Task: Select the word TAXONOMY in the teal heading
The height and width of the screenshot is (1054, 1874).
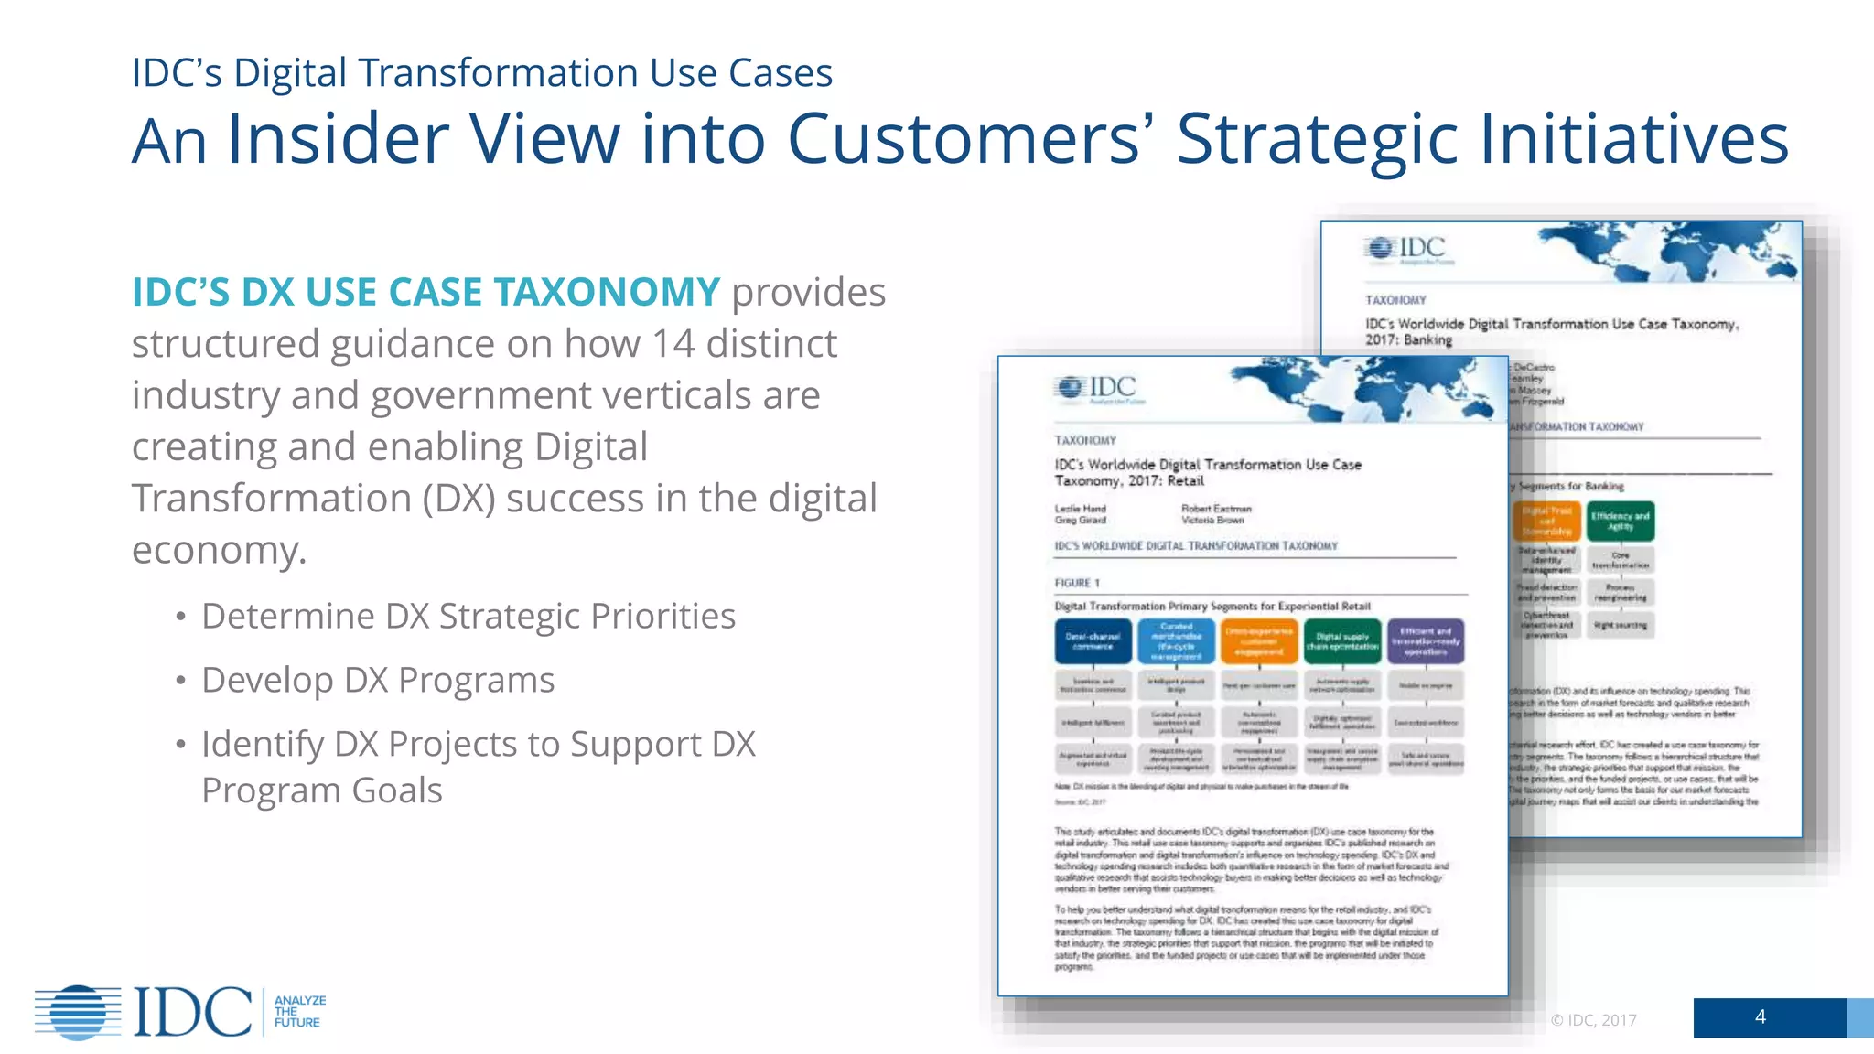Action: click(607, 292)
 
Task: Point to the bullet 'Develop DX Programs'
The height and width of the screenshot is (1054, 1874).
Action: click(377, 681)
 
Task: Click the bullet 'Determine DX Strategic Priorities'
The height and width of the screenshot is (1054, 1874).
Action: click(468, 617)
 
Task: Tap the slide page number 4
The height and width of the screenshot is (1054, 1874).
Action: click(1760, 1016)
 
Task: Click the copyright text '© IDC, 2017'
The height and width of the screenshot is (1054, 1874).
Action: click(1593, 1020)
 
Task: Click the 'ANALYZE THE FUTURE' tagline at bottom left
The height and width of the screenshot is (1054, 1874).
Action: click(299, 1011)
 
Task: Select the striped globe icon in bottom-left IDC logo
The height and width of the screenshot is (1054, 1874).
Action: click(79, 1012)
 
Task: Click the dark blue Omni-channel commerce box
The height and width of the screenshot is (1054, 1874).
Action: click(1093, 641)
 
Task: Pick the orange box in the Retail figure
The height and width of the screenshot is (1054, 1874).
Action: click(1259, 641)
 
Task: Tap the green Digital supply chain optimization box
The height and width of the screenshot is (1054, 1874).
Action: click(1342, 641)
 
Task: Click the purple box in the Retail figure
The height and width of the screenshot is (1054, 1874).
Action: click(1426, 641)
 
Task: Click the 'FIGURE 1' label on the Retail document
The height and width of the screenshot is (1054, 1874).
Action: click(1077, 583)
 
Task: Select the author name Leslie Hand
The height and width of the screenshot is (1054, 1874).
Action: click(1080, 509)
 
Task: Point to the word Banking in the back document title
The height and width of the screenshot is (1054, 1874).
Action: click(1427, 340)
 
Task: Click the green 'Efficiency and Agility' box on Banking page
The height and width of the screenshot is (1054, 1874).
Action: click(1620, 522)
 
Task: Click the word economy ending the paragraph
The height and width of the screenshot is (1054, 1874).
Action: click(218, 551)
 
